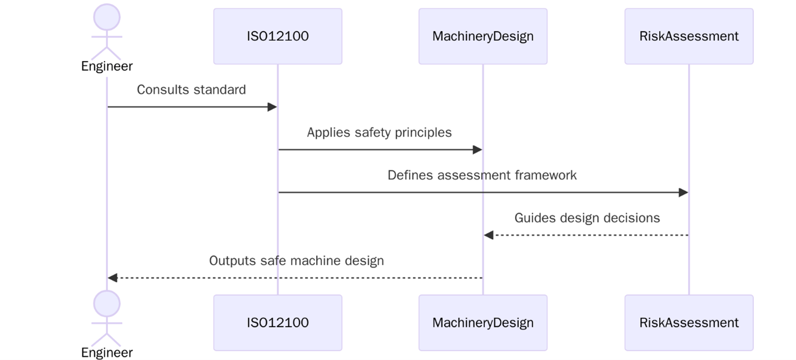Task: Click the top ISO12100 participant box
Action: (277, 36)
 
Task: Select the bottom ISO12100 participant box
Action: (277, 323)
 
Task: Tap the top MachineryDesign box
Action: (483, 36)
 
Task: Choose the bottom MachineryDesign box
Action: (483, 323)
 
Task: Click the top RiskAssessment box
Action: (689, 36)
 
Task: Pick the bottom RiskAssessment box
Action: (689, 323)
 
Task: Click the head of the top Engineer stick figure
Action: (107, 17)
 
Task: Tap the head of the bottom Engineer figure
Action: (107, 304)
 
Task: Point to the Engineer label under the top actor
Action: (107, 66)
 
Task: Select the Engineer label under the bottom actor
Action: (107, 353)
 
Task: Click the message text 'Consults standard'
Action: (191, 90)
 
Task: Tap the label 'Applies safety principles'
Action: (379, 132)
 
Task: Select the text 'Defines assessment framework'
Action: (482, 175)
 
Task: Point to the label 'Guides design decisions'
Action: (587, 218)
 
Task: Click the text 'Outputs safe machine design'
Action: (296, 260)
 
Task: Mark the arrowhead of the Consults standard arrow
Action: (272, 107)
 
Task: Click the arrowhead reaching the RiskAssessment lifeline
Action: (684, 193)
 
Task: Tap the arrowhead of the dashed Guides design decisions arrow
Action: (489, 235)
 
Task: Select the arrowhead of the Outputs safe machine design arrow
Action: (112, 278)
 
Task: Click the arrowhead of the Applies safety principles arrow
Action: (477, 150)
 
